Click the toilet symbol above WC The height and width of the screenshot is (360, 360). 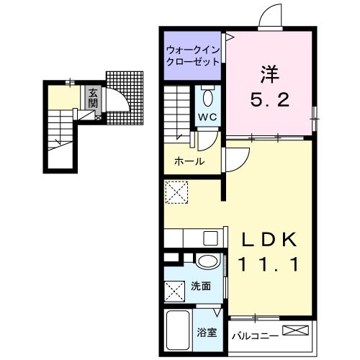point(207,96)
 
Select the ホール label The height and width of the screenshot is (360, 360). point(189,161)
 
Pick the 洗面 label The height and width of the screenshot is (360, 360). point(201,287)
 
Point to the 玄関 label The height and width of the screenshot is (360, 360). point(93,97)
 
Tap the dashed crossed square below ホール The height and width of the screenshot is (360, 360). point(176,193)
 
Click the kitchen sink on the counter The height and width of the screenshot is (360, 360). point(210,238)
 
